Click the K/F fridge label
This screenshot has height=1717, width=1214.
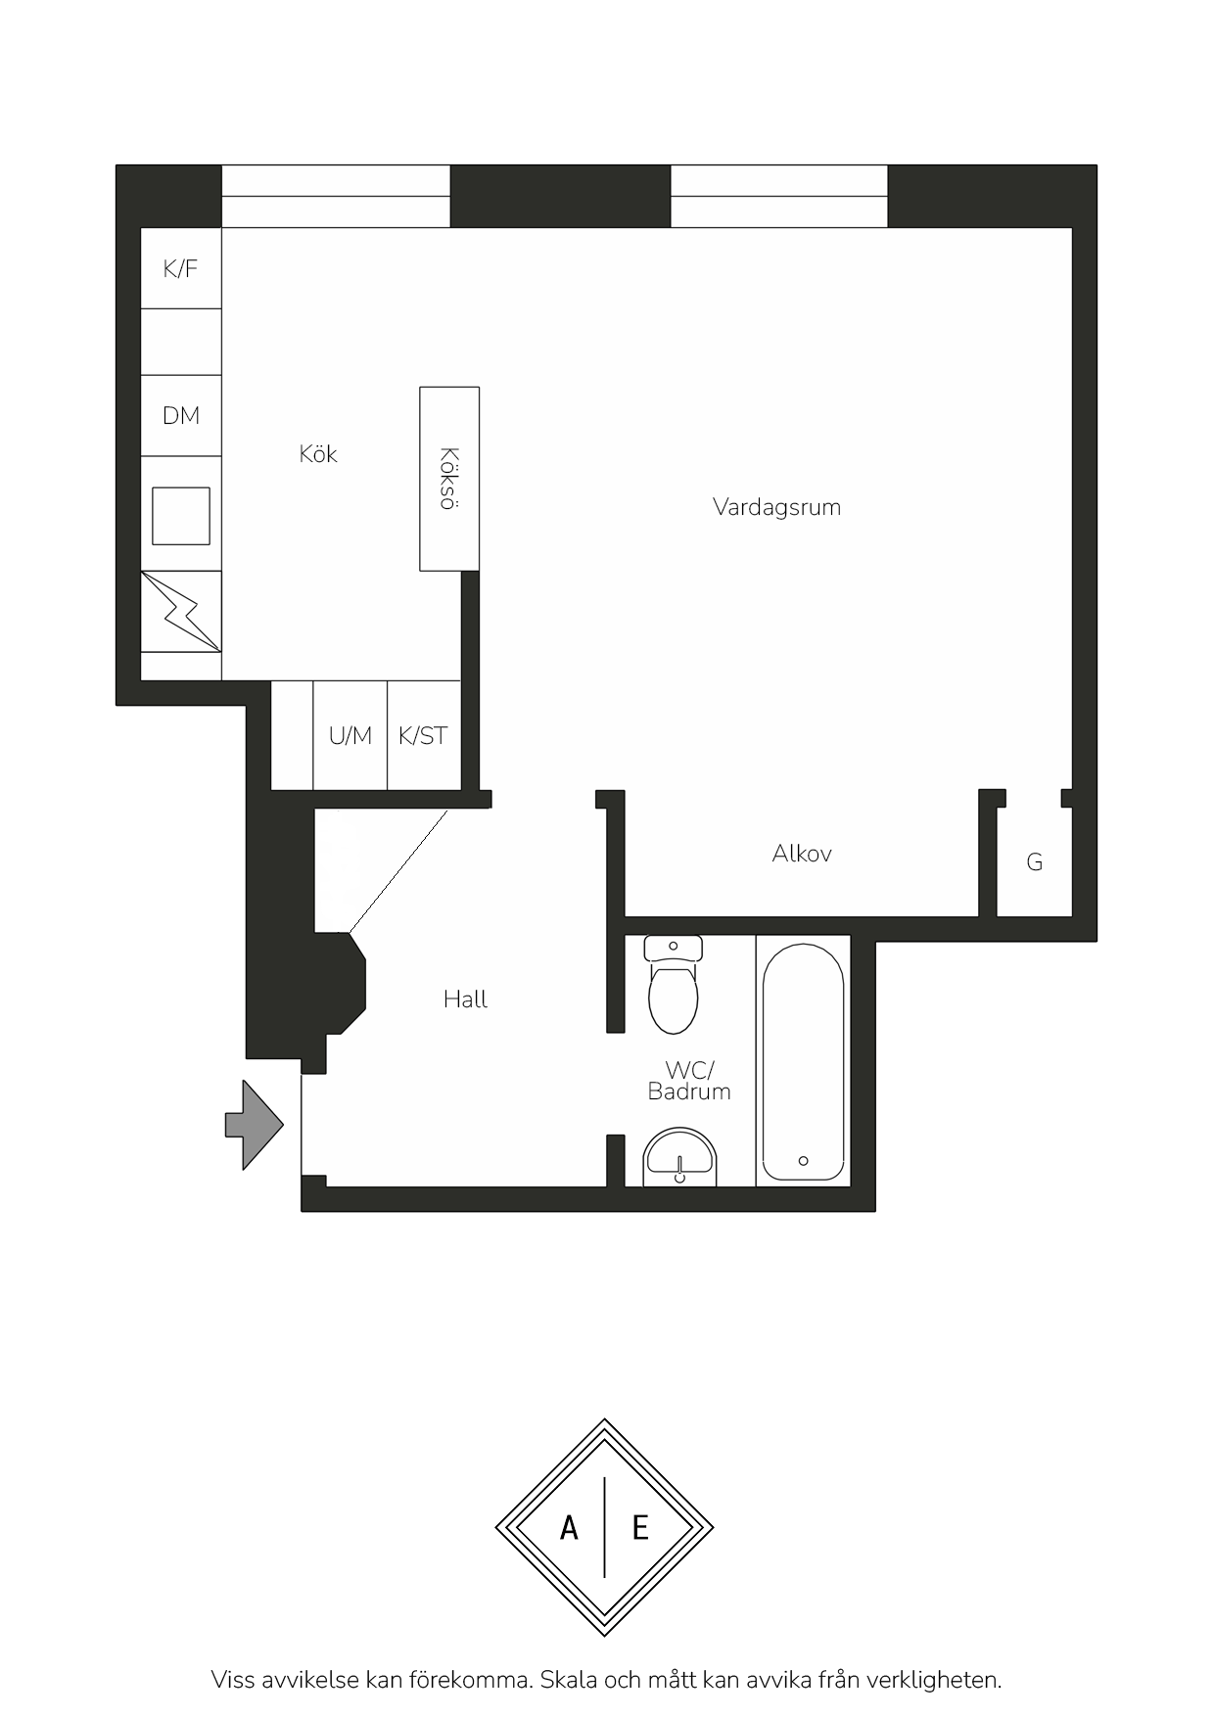pos(180,269)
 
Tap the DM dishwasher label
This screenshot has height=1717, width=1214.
pos(181,416)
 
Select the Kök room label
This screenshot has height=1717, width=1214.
pos(318,453)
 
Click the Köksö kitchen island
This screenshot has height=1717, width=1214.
pos(449,479)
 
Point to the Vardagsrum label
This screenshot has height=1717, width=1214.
pos(776,507)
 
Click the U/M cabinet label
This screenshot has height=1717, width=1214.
pos(350,735)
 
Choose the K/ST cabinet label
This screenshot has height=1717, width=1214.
pos(423,735)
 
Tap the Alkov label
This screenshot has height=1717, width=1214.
pos(802,854)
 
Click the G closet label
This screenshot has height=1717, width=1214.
pos(1035,862)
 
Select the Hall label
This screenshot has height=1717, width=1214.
pos(465,999)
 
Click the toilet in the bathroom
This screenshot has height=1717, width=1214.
pos(674,985)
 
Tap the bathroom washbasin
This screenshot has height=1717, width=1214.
pos(680,1157)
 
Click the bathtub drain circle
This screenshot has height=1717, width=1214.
pos(804,1161)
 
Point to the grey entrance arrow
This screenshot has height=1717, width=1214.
pos(255,1125)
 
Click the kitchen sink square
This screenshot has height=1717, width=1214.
pos(181,516)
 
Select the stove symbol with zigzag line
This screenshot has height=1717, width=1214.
pos(181,612)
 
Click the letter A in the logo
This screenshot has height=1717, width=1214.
pos(569,1528)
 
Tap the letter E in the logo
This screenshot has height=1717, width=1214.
pos(640,1528)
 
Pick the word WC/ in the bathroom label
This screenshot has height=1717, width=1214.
pos(689,1071)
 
